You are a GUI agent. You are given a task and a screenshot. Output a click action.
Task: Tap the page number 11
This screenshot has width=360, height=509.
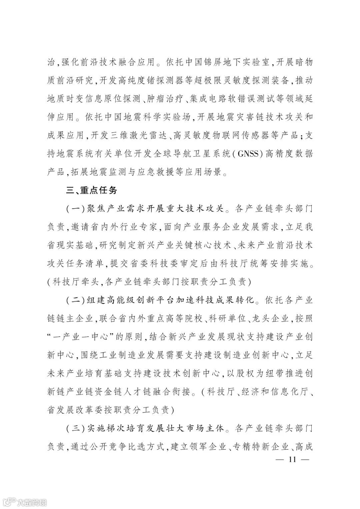pyautogui.click(x=293, y=459)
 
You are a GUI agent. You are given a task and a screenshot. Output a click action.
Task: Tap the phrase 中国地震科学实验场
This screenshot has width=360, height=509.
pyautogui.click(x=145, y=117)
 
